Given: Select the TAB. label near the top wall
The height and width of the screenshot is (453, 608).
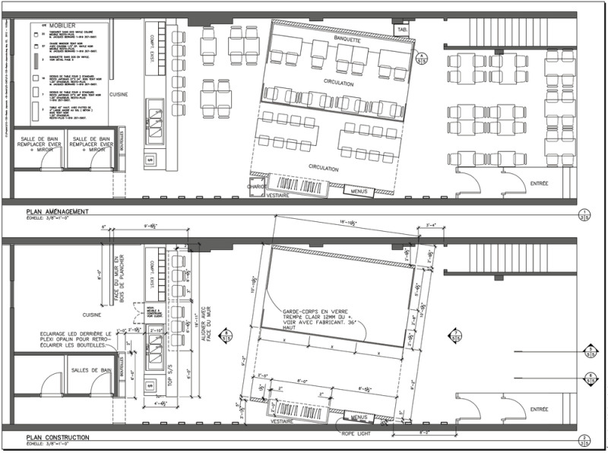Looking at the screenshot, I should click(x=401, y=30).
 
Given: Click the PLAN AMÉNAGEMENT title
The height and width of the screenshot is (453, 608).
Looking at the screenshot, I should click(x=58, y=211).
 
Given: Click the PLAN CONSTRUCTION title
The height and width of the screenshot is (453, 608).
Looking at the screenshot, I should click(x=58, y=438).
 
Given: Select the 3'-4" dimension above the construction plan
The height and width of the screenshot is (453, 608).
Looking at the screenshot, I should click(x=432, y=226).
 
